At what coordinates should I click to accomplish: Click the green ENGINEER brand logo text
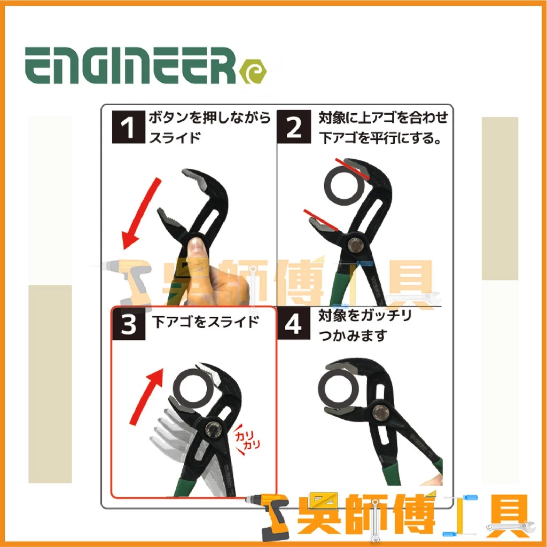[130, 66]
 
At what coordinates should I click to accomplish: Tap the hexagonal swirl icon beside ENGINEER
[253, 72]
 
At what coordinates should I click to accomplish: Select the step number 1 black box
[128, 127]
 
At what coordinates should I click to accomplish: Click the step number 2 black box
[294, 127]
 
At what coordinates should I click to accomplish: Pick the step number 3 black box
[128, 323]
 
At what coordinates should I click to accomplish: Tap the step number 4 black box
[293, 323]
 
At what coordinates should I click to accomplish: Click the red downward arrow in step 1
[141, 214]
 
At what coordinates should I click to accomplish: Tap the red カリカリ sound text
[247, 440]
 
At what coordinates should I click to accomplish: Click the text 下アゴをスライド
[206, 322]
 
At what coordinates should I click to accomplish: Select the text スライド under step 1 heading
[175, 137]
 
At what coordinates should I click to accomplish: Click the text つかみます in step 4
[353, 336]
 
